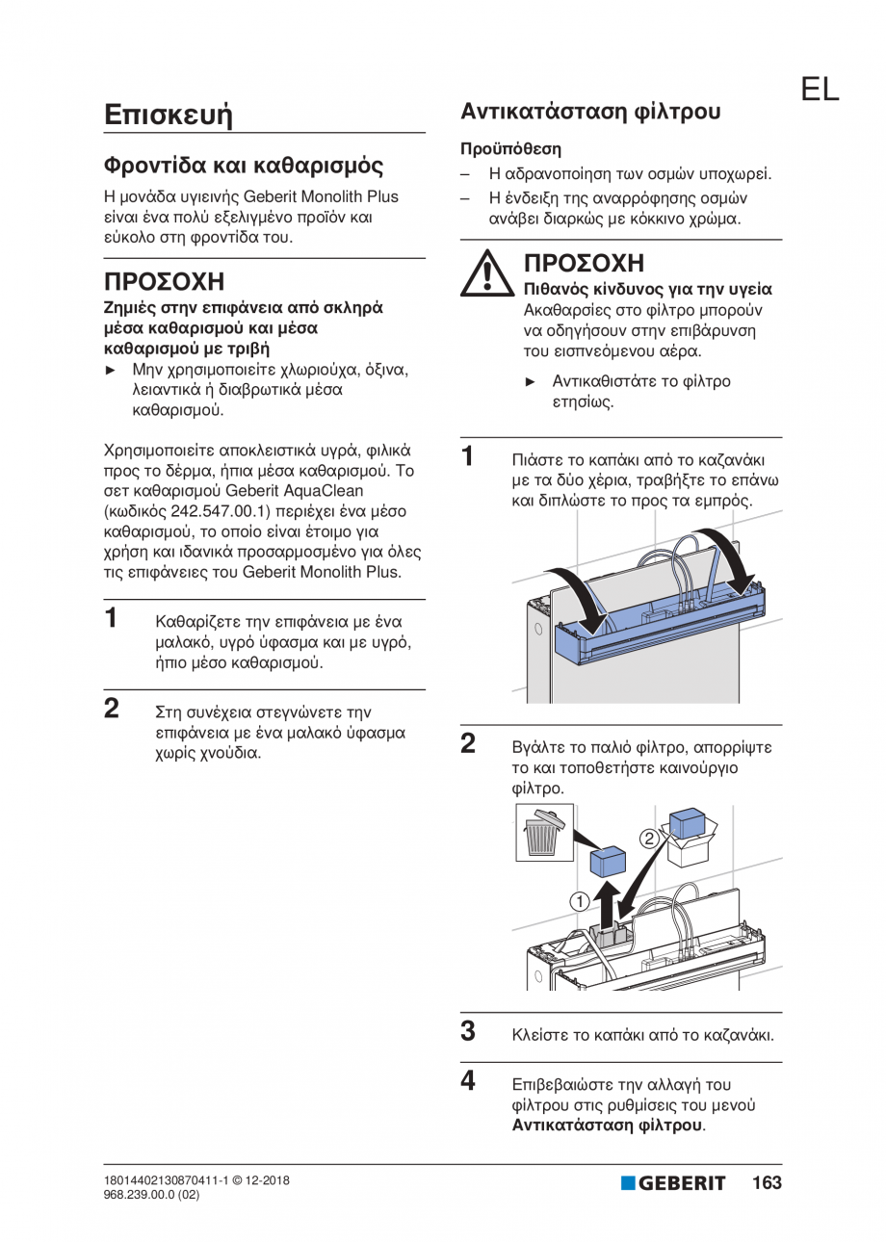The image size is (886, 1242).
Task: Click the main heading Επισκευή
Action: tap(169, 115)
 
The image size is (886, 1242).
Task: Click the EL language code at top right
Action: tap(819, 90)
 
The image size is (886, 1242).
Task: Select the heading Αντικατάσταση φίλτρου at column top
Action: tap(590, 111)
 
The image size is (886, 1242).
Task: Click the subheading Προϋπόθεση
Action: tap(510, 149)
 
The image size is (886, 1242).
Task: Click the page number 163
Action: tap(767, 1183)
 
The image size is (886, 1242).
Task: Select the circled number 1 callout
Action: tap(578, 901)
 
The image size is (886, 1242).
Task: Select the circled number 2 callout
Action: tap(650, 838)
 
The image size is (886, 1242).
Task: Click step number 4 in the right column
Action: tap(467, 1081)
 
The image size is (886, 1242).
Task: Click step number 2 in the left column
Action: tap(112, 711)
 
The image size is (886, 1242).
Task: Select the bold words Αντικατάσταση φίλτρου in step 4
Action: tap(608, 1125)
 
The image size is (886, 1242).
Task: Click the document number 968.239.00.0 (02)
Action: tap(150, 1194)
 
